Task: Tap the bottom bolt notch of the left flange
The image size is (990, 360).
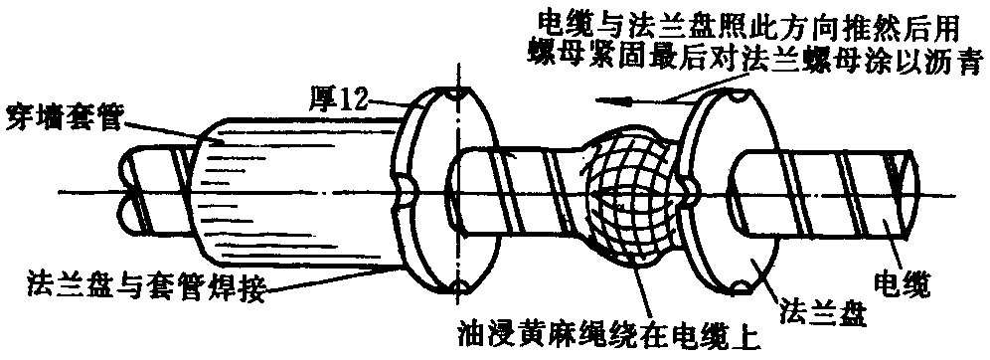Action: tap(456, 287)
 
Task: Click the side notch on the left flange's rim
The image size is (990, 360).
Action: tap(405, 190)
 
